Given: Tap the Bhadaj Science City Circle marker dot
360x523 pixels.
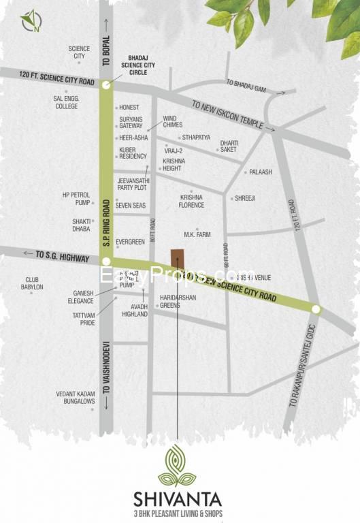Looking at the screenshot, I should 105,85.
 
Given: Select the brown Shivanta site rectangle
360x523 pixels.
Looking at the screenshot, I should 177,259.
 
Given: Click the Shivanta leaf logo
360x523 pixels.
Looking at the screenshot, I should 177,466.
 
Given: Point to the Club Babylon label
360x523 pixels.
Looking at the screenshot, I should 34,283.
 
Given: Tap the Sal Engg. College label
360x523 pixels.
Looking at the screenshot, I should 66,102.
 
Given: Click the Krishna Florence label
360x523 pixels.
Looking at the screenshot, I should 191,200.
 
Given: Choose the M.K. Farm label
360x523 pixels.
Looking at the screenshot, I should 197,235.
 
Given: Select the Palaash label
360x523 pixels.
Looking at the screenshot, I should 260,172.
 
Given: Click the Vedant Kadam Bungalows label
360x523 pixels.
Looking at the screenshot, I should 76,398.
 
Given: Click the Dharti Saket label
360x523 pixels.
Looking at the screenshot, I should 229,146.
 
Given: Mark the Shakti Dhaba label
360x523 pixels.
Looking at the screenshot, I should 81,225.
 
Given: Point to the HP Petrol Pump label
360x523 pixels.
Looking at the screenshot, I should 76,198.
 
